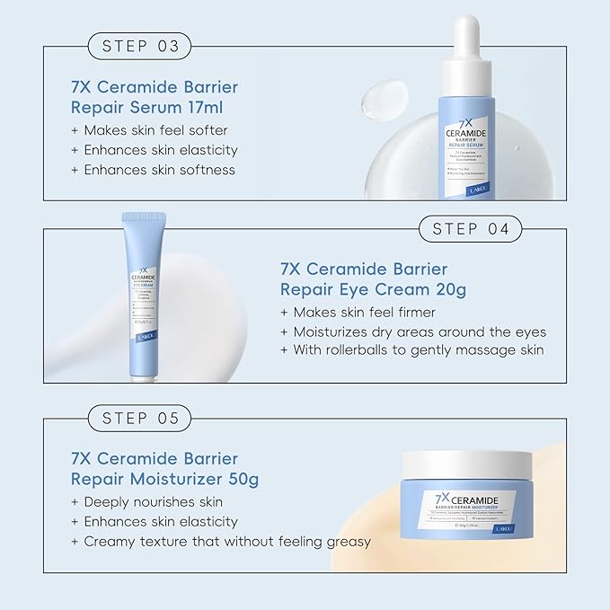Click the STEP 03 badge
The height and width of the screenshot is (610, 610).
140,46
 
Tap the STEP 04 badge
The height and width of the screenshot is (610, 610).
471,228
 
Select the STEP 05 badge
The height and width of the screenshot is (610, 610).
140,418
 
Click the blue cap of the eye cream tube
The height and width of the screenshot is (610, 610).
143,233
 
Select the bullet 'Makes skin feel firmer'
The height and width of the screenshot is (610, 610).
358,312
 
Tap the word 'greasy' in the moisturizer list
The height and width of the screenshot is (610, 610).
349,541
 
